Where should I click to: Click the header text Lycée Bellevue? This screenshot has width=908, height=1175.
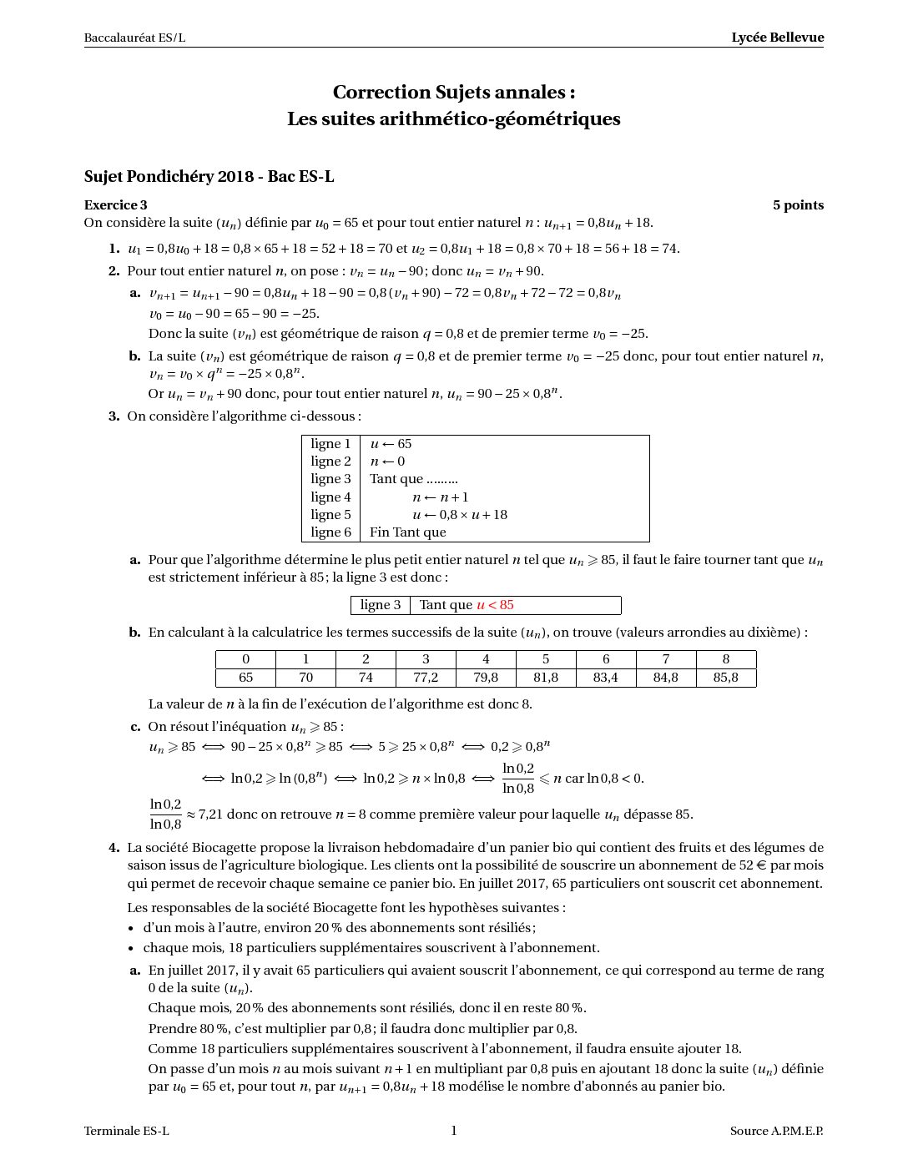point(777,38)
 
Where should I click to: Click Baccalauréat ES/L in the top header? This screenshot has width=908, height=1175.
point(134,38)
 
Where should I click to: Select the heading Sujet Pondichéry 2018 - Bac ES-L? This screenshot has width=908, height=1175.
point(209,176)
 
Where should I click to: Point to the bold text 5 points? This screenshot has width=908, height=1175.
point(798,205)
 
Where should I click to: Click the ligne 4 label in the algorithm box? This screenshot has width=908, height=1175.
point(330,497)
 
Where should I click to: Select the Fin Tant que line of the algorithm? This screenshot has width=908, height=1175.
point(407,532)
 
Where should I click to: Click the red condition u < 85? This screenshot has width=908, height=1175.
point(495,605)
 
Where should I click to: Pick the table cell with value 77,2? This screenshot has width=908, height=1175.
point(426,678)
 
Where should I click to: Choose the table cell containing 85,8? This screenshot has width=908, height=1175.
point(726,678)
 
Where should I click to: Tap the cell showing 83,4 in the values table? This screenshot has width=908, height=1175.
point(606,678)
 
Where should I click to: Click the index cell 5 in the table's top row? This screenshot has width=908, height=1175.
point(546,659)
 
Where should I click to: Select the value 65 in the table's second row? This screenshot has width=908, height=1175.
point(245,678)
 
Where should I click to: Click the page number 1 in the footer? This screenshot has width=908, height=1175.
point(454,1131)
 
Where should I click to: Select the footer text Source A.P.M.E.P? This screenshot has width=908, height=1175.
point(776,1132)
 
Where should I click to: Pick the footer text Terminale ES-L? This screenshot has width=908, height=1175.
point(126,1132)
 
